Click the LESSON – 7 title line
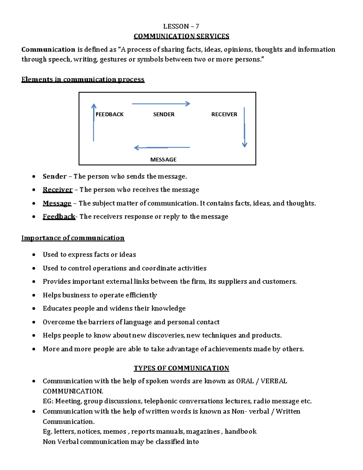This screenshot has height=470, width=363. (181, 26)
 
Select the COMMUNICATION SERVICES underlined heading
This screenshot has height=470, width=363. (181, 36)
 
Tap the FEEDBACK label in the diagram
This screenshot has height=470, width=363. (110, 114)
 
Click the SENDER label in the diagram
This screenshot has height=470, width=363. (164, 114)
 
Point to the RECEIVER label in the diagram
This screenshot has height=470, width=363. (224, 114)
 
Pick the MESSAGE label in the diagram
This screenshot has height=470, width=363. (163, 159)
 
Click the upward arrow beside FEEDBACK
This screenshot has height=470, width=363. (94, 123)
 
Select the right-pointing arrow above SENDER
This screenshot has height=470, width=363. (161, 104)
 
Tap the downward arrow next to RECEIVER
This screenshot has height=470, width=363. (244, 127)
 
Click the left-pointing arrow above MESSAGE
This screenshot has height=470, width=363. (162, 148)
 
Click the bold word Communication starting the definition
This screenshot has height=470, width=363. (48, 49)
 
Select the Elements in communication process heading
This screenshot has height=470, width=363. (83, 79)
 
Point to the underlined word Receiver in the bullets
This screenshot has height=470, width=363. (57, 190)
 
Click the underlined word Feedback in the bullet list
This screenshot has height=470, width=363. (59, 217)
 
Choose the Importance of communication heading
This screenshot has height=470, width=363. (73, 238)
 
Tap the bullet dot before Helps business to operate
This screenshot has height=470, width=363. (34, 295)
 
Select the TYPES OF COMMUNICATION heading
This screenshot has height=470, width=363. (181, 368)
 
